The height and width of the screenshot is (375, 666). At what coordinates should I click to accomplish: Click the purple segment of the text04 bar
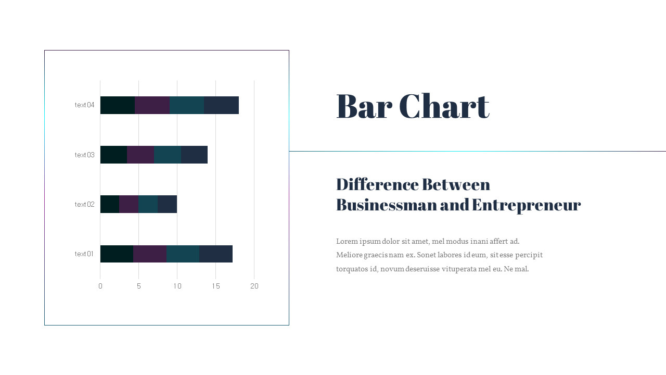click(x=152, y=105)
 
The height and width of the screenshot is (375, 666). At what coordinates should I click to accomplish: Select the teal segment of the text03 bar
click(x=168, y=155)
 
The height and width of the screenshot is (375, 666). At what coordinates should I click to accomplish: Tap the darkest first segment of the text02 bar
click(x=110, y=204)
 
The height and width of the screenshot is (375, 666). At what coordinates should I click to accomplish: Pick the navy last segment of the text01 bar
click(x=216, y=254)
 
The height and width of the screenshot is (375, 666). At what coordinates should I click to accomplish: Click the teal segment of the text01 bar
click(x=183, y=254)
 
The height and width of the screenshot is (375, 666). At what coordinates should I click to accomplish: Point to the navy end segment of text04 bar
click(x=221, y=105)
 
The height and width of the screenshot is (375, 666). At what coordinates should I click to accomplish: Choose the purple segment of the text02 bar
click(x=129, y=204)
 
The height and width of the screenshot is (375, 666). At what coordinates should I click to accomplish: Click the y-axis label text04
click(x=84, y=105)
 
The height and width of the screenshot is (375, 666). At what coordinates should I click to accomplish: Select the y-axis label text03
click(x=84, y=155)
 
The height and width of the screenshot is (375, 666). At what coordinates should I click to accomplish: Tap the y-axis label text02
click(x=84, y=204)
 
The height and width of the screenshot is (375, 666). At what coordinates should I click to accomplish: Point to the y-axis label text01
click(x=84, y=254)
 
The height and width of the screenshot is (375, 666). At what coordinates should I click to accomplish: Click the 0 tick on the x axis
click(x=100, y=286)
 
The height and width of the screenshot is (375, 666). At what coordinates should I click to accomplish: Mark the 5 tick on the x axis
click(x=139, y=286)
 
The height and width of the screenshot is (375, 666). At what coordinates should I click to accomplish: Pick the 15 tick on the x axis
click(x=216, y=286)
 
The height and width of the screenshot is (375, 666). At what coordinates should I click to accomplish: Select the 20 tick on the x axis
click(x=254, y=286)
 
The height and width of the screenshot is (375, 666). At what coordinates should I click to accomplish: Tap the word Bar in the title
click(x=364, y=106)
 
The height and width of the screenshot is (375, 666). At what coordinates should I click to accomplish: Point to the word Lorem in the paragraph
click(x=347, y=241)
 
